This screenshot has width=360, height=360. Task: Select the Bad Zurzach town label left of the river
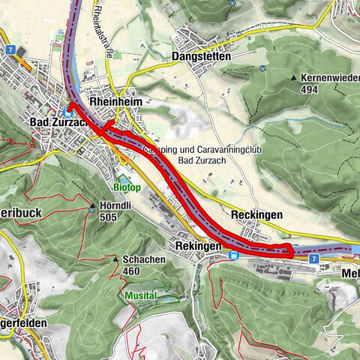pyautogui.click(x=57, y=122)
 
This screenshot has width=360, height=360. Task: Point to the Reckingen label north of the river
pyautogui.click(x=256, y=214)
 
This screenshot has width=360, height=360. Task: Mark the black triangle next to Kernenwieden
pyautogui.click(x=294, y=78)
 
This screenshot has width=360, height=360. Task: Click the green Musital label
pyautogui.click(x=141, y=295)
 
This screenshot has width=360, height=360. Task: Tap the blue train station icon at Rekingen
pyautogui.click(x=233, y=255)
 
